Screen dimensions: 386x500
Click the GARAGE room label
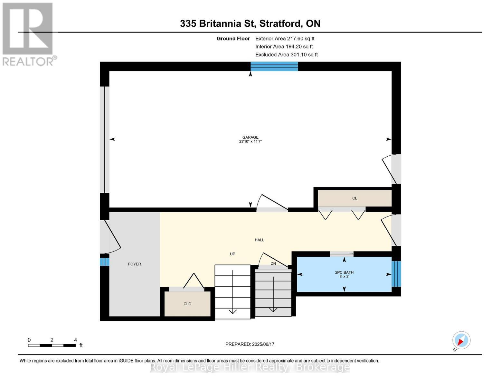coord(250,137)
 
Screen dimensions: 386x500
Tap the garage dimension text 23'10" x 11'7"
coord(250,142)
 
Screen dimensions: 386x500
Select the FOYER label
coord(134,264)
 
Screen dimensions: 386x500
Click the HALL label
coord(259,240)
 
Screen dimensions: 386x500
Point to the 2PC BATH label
coord(344,272)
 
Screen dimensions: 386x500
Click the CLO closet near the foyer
coord(187,304)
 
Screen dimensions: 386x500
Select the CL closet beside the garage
coord(354,198)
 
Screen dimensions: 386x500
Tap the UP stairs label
coord(232,254)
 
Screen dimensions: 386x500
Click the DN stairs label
coord(273,263)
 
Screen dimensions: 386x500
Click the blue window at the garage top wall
coord(274,66)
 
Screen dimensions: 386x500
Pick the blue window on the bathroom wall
coord(396,274)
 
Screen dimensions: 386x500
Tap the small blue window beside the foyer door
coord(104,260)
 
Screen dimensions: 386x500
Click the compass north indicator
coord(461,340)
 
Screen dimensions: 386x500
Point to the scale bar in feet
coord(52,345)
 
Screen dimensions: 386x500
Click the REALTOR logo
coord(28,34)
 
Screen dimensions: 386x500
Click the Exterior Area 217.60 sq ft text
coord(285,39)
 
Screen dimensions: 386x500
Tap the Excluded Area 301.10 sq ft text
coord(286,55)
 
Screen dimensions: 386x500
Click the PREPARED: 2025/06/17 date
coord(250,344)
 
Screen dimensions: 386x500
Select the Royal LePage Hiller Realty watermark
coord(250,367)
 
